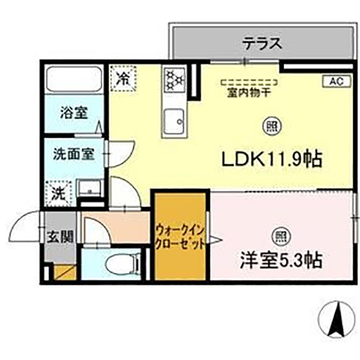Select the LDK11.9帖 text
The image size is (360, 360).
point(271,160)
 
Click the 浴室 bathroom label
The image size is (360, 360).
point(74,112)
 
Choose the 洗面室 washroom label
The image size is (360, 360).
point(74,152)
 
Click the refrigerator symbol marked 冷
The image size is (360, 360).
point(122,78)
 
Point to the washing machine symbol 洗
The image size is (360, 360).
point(58,192)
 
